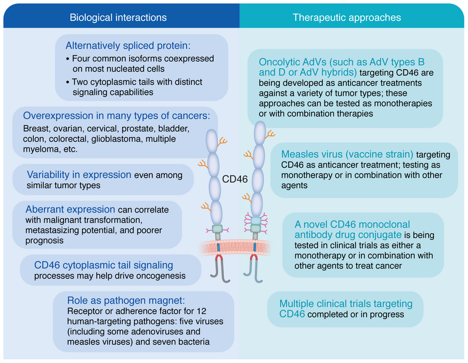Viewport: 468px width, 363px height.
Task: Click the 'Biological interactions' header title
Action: coord(118,18)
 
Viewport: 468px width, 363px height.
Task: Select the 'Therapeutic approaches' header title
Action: coord(347,18)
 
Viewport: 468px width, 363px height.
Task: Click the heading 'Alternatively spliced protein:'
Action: coord(124,45)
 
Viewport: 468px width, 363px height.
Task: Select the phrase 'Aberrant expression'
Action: coord(70,210)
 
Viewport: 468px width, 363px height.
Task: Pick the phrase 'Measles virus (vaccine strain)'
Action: coord(347,154)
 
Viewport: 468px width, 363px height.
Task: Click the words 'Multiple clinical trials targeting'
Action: coord(346,304)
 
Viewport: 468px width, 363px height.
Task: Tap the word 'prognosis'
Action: coord(43,240)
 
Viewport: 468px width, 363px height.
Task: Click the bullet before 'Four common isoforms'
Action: coord(68,59)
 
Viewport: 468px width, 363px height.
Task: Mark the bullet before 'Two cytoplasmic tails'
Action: coord(68,83)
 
